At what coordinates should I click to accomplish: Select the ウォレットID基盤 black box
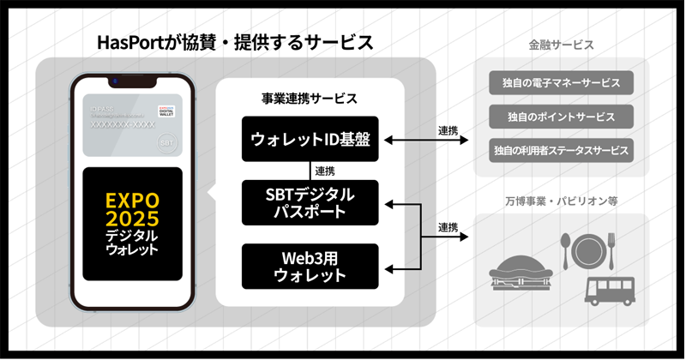point(310,139)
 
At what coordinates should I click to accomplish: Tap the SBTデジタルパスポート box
point(310,203)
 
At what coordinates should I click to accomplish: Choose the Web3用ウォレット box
point(310,266)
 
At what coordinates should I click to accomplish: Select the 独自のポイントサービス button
point(562,117)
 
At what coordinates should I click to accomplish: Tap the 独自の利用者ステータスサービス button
point(562,150)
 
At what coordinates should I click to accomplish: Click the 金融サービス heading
point(562,45)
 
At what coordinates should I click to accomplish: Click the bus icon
point(610,291)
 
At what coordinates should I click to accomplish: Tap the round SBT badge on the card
point(168,141)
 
